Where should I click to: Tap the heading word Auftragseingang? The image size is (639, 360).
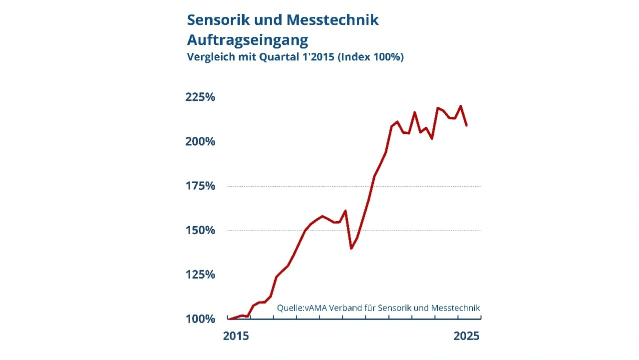(x=247, y=39)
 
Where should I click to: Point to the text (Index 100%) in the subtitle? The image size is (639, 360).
(x=370, y=57)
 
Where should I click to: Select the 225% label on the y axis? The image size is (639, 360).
(x=200, y=97)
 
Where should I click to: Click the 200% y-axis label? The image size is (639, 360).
(x=200, y=141)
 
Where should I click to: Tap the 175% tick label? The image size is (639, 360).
(x=200, y=186)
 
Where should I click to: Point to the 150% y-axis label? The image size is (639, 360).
(x=200, y=230)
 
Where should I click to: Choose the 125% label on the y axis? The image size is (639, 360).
(x=200, y=275)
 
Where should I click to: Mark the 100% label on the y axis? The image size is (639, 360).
(x=200, y=319)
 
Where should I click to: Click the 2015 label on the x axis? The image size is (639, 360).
(x=236, y=336)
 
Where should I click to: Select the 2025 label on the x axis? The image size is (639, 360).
(x=466, y=336)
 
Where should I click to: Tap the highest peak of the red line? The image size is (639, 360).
(x=460, y=106)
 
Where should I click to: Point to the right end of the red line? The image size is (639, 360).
(x=466, y=125)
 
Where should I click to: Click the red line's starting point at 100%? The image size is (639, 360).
(x=229, y=319)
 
